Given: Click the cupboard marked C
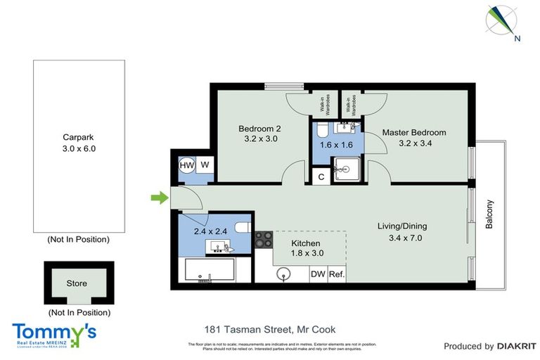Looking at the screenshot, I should point(321,177).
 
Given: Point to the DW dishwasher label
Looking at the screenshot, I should point(318,274).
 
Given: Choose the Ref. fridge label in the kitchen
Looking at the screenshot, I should point(336,274).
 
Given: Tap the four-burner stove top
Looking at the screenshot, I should point(264,240).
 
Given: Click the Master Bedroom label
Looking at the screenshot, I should point(414,132).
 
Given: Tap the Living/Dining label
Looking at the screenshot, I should point(403,226).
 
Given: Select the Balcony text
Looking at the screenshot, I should point(490,214).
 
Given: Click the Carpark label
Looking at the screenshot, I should point(78,138).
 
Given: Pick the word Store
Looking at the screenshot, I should point(77,283).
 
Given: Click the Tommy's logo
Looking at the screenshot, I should point(54,333).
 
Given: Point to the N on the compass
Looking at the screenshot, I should point(517,39).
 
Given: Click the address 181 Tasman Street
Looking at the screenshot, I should point(269,329).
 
